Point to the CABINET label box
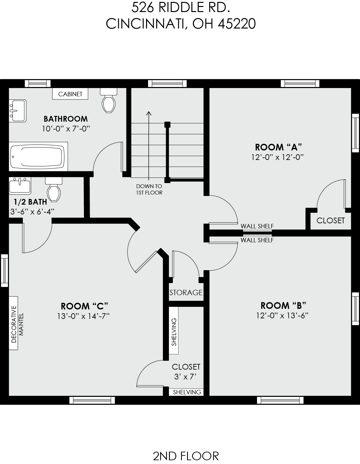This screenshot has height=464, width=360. click(70, 94)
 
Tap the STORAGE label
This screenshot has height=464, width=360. click(186, 292)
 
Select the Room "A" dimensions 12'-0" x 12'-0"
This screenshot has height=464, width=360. click(278, 157)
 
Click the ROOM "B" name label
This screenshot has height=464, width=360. click(283, 305)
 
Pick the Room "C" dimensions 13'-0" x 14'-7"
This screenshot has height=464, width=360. click(84, 316)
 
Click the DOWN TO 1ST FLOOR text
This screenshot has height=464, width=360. click(149, 189)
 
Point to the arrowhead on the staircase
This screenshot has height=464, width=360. click(149, 113)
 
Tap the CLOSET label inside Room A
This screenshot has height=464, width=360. click(330, 220)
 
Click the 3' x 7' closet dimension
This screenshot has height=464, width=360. click(186, 377)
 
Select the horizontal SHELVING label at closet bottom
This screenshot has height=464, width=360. click(187, 392)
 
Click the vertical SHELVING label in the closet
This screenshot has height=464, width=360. click(174, 332)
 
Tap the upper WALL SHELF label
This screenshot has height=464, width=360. click(257, 226)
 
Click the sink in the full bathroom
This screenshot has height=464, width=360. click(17, 110)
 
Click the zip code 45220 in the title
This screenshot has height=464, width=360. click(237, 23)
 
